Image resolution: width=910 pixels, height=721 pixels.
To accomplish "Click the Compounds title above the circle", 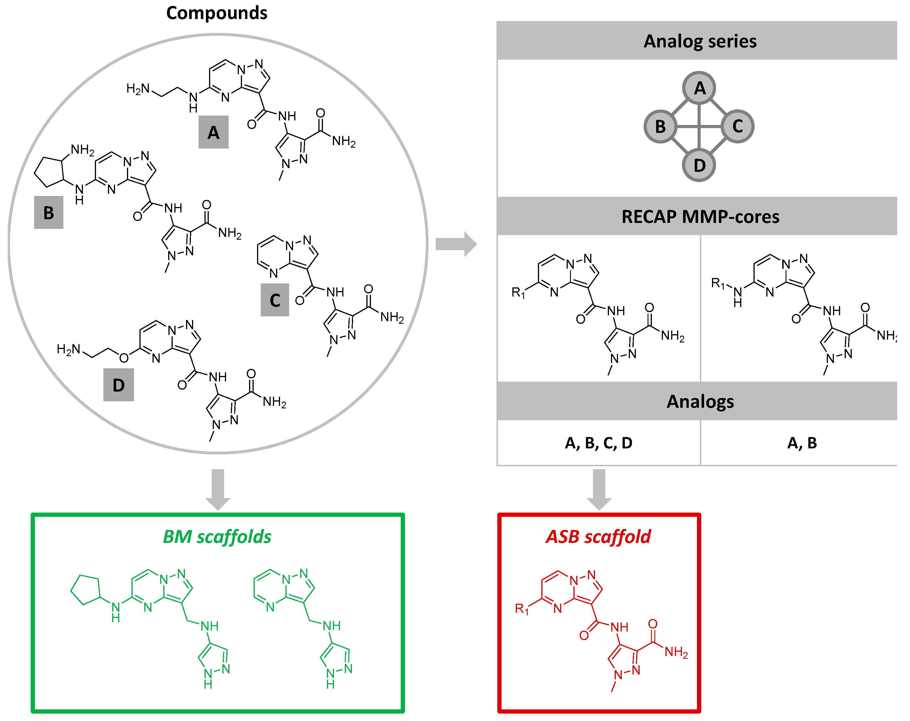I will pyautogui.click(x=216, y=13).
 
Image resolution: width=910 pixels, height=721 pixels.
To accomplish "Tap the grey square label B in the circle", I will pyautogui.click(x=49, y=212).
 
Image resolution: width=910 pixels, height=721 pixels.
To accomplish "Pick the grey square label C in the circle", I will pyautogui.click(x=275, y=300).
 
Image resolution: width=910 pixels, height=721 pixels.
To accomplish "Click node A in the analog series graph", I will pyautogui.click(x=699, y=88).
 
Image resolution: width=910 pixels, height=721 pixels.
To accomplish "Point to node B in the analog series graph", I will pyautogui.click(x=660, y=126).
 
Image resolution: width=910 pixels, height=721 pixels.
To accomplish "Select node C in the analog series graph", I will pyautogui.click(x=737, y=126).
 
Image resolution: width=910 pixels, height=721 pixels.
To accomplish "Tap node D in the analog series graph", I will pyautogui.click(x=699, y=165).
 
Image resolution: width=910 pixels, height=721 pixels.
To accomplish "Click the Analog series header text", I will pyautogui.click(x=700, y=41).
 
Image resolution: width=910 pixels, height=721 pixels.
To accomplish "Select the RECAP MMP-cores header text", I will pyautogui.click(x=700, y=216).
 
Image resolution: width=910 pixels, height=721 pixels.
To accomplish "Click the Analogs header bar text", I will pyautogui.click(x=700, y=401).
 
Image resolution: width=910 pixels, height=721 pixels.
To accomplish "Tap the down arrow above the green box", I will pyautogui.click(x=218, y=488).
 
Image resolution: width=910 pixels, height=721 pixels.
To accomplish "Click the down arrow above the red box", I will pyautogui.click(x=599, y=488).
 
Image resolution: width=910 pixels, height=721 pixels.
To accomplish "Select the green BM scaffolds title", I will pyautogui.click(x=217, y=537).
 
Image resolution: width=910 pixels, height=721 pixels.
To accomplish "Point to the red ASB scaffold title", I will pyautogui.click(x=598, y=537).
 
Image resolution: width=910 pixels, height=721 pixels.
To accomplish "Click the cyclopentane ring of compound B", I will pyautogui.click(x=49, y=171).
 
